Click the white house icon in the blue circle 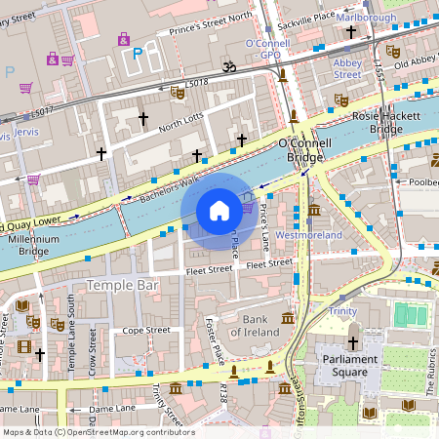(219, 211)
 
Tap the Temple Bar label (123, 285)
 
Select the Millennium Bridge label (33, 245)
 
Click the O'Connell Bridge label (307, 150)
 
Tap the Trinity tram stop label (342, 310)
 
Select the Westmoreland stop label (309, 235)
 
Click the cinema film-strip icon (24, 346)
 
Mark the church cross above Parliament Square (352, 342)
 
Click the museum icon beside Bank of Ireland (288, 318)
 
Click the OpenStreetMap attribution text (98, 432)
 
